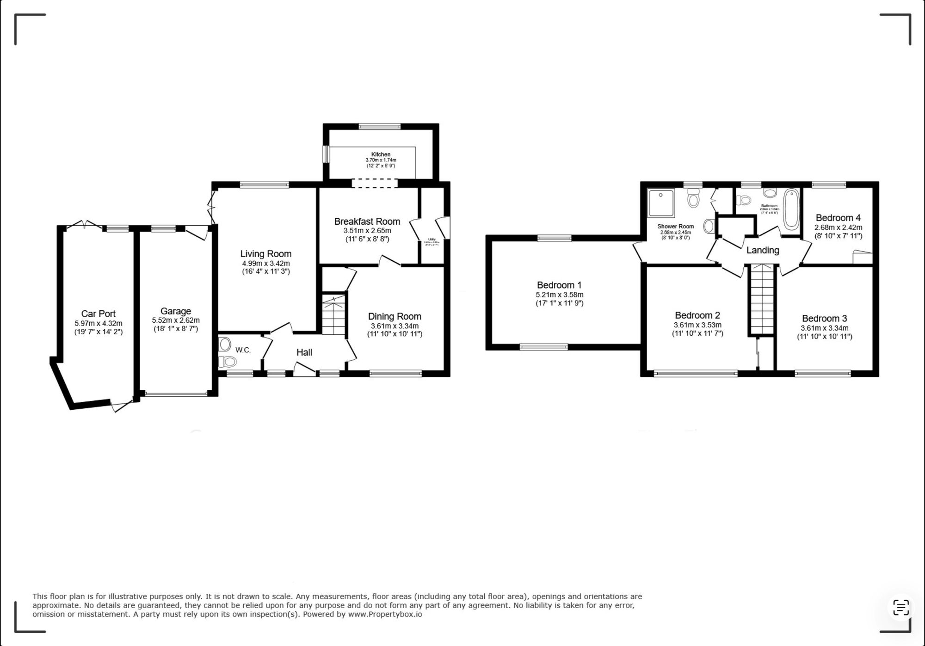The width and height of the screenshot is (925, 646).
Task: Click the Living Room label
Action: (265, 253)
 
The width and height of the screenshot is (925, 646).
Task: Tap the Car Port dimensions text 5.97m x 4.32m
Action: (99, 323)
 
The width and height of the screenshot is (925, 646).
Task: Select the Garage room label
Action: (176, 311)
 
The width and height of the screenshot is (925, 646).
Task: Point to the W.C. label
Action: (243, 350)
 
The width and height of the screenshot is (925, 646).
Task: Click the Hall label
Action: (304, 352)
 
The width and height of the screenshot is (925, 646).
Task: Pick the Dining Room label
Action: (395, 316)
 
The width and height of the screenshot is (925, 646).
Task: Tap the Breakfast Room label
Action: (367, 221)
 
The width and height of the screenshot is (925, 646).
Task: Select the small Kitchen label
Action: (381, 154)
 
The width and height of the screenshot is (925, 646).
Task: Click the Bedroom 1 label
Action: (559, 285)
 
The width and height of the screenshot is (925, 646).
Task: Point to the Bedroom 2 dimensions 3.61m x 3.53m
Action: (697, 325)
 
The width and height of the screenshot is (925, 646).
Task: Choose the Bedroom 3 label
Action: (824, 318)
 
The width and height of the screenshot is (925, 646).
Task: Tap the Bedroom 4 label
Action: (838, 218)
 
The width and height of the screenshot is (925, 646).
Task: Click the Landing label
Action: (763, 250)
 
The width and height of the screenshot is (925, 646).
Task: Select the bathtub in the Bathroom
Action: (791, 209)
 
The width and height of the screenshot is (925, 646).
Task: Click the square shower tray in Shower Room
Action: (661, 203)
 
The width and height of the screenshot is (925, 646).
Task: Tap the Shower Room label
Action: (676, 227)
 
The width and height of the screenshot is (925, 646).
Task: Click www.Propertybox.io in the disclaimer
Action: (385, 615)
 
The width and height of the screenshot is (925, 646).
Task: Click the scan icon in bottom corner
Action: (900, 607)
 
